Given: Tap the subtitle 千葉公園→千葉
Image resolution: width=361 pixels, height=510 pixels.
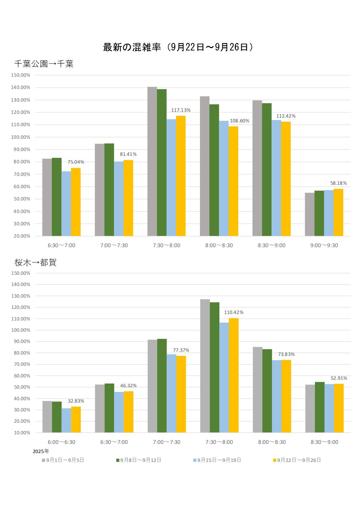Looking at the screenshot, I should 44,64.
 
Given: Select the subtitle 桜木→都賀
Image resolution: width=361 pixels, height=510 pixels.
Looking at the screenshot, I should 35,262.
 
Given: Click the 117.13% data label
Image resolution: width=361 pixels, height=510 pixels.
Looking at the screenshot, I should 181,110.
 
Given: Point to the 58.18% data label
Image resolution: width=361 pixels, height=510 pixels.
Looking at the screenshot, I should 338,183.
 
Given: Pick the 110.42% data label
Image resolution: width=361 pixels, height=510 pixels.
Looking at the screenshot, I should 234,312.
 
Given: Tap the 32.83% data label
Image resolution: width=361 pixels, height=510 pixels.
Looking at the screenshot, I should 76,401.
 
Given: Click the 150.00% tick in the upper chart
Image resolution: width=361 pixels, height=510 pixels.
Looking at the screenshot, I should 20,75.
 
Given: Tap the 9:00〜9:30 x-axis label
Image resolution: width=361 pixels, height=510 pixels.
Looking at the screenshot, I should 324,245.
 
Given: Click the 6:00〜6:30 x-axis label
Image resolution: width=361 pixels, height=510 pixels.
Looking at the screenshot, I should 61,442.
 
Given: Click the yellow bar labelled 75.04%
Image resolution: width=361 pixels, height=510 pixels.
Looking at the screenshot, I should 76,202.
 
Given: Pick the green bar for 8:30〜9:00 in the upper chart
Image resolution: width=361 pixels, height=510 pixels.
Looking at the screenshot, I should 267,169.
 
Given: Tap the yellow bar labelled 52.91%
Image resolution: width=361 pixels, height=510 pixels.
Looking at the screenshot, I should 339,408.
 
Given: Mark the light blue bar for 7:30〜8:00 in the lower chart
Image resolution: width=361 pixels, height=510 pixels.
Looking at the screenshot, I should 224,377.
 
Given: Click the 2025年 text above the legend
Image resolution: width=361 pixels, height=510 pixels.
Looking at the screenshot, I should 41,451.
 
